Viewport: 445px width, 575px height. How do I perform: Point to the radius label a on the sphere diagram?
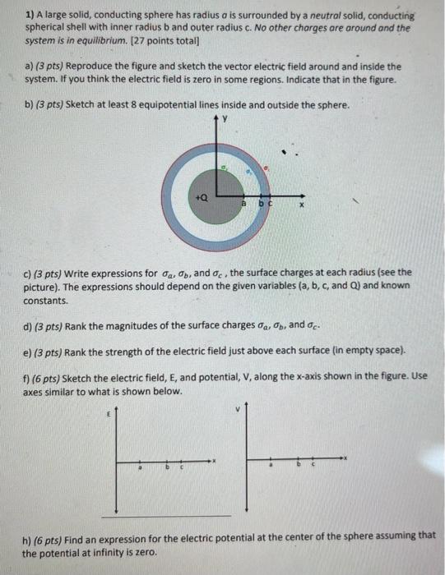pyautogui.click(x=243, y=203)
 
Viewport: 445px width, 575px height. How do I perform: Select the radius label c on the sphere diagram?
pyautogui.click(x=268, y=203)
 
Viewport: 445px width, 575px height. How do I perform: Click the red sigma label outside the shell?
pyautogui.click(x=265, y=167)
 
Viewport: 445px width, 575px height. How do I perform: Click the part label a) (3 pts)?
pyautogui.click(x=52, y=66)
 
